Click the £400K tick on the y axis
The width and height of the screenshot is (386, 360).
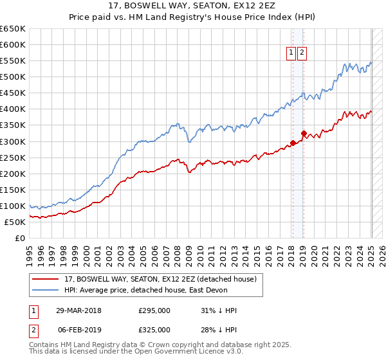click(x=13, y=109)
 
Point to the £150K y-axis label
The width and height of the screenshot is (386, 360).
click(x=13, y=190)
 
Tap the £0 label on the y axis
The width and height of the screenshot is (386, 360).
click(x=19, y=239)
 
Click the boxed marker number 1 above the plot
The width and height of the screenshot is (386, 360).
click(x=291, y=53)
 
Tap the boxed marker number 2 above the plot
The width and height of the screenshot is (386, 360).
click(x=302, y=53)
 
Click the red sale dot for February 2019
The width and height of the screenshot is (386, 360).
click(x=303, y=134)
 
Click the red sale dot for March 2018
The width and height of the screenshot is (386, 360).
click(x=293, y=143)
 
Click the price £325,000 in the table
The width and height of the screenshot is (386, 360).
click(x=154, y=330)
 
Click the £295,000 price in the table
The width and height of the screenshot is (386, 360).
click(x=154, y=310)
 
